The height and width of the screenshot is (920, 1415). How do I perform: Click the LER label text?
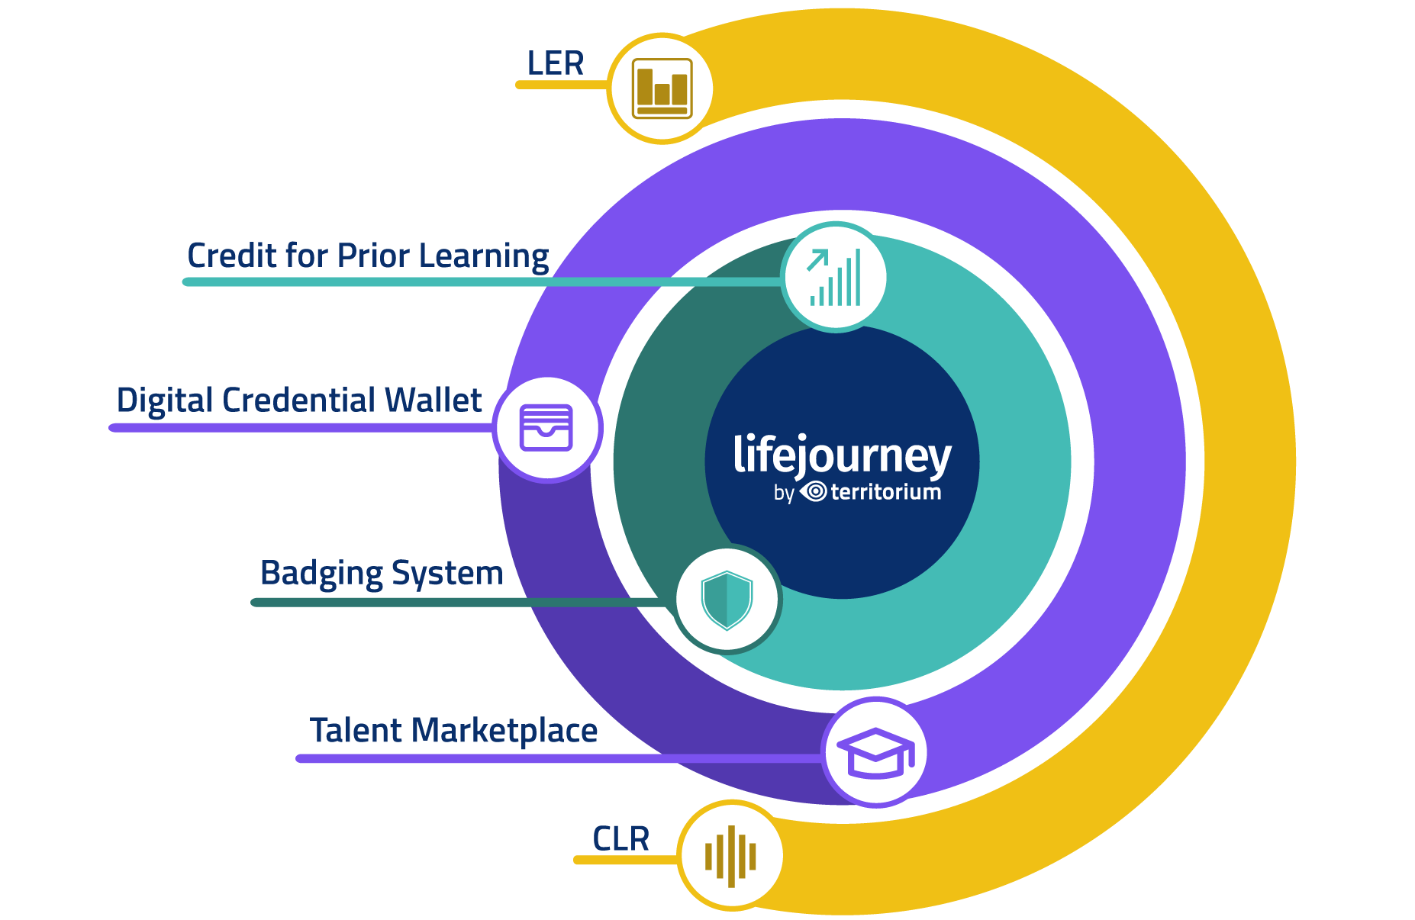pos(555,63)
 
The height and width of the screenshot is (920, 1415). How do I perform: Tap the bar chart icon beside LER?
pos(662,88)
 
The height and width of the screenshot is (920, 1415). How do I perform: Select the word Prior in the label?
pos(373,256)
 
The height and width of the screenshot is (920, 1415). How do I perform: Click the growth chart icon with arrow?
pos(836,277)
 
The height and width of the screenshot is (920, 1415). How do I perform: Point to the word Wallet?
pos(433,400)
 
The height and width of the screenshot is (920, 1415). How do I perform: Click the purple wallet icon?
pos(546,428)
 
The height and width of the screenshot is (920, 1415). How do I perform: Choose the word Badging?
pos(321,574)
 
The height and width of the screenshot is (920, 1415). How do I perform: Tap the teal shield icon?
pos(727,600)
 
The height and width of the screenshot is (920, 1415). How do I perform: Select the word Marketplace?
pos(504,731)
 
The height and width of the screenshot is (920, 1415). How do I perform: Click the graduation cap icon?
pos(875,752)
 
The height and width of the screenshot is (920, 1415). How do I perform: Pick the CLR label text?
pos(620,839)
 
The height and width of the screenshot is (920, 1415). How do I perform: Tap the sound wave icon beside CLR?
pos(730,856)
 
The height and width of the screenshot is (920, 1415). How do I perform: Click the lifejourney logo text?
pos(842,455)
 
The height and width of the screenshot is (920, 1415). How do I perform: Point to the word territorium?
pos(885,492)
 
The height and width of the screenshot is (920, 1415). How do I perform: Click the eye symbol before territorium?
pos(814,492)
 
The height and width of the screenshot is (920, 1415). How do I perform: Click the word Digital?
pos(163,400)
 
